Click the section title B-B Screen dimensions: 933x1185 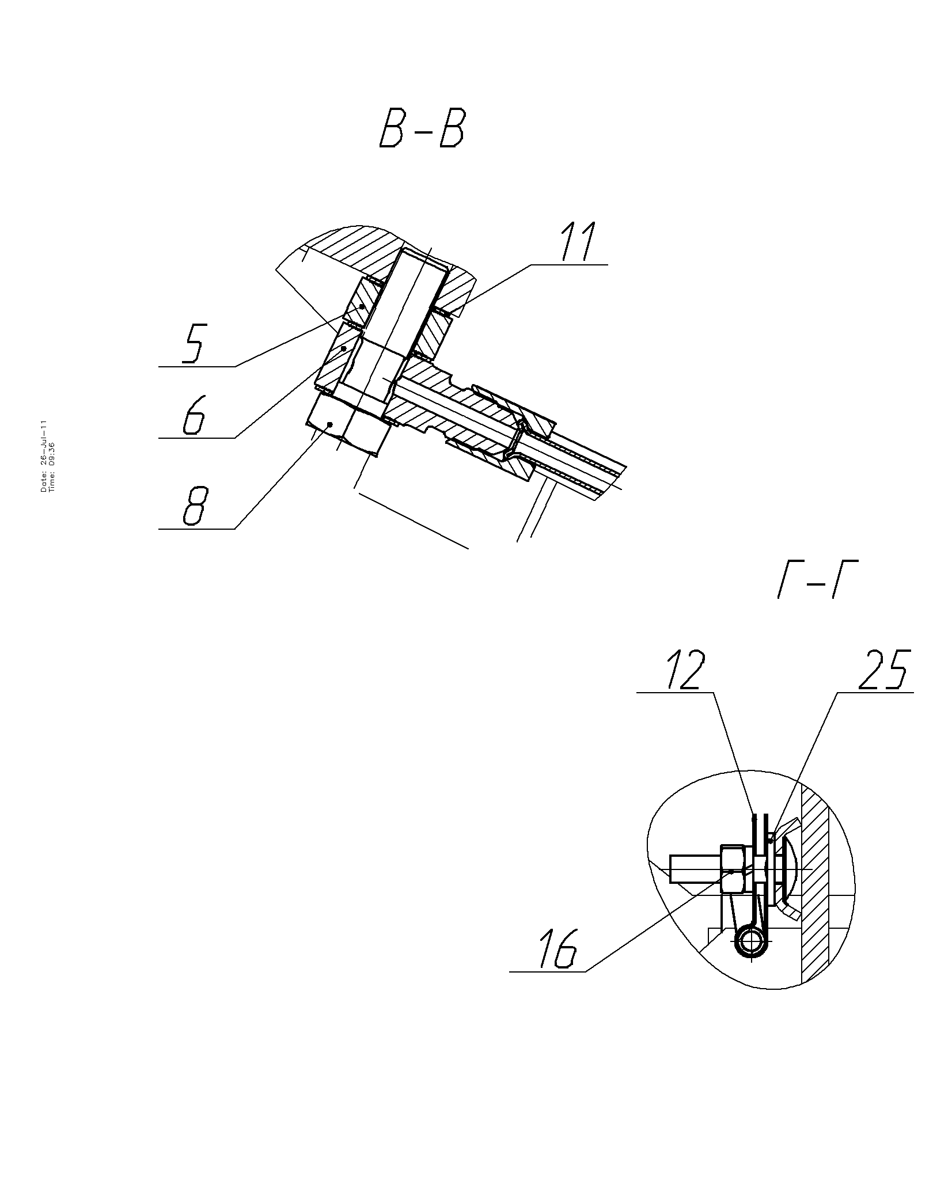(422, 130)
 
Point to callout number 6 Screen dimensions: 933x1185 (194, 416)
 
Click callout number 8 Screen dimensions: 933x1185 (194, 507)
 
